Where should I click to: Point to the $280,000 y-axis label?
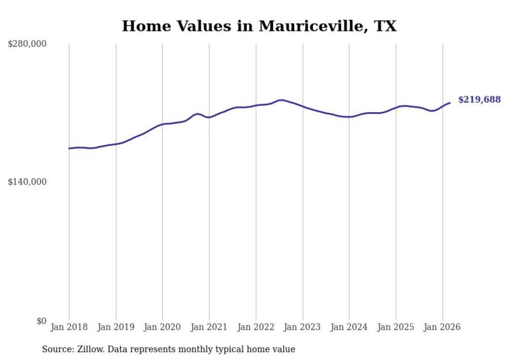coord(27,44)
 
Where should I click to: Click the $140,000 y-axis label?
coord(27,182)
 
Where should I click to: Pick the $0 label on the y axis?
coord(41,321)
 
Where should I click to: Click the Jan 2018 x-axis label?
coord(69,327)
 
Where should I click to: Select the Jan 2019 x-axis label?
coord(116,327)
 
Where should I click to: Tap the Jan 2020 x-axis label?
coord(162,327)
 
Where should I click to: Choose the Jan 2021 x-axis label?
coord(209,327)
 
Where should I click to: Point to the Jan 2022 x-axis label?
coord(256,327)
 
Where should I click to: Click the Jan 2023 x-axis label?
coord(302,327)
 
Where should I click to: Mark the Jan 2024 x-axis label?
coord(349,327)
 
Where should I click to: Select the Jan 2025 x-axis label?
coord(396,327)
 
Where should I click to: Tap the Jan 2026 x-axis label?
coord(442,327)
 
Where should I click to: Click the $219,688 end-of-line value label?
coord(479,100)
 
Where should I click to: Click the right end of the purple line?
coord(450,103)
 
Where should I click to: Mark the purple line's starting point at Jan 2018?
coord(69,148)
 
